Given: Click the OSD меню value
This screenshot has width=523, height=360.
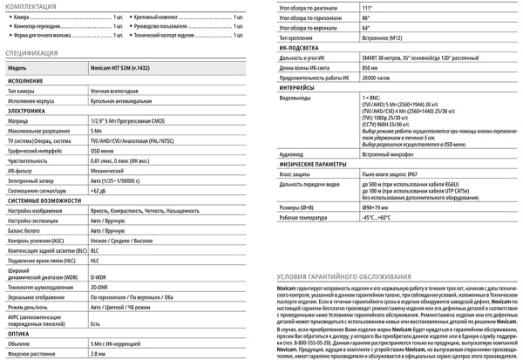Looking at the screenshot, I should point(102,150).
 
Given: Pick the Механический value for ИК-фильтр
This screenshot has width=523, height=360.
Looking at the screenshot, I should point(107,171).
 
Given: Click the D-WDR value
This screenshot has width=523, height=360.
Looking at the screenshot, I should point(99,277).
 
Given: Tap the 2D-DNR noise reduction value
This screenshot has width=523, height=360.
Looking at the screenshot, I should point(99,288).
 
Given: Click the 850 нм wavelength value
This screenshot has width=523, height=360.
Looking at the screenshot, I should point(370,67).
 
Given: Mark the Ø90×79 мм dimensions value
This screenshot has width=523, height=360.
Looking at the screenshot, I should point(376,207).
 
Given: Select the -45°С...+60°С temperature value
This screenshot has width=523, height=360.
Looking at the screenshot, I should point(377,218).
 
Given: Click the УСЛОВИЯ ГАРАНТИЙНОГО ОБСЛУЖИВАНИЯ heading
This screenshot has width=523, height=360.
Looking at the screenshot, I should point(338,275).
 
